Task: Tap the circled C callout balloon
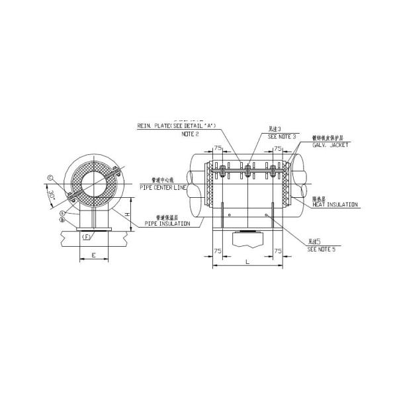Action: [x=50, y=177]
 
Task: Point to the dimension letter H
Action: [x=128, y=214]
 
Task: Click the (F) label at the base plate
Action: [x=87, y=236]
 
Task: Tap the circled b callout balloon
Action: [x=62, y=220]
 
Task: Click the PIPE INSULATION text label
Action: [x=167, y=224]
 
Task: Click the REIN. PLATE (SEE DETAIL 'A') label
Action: [x=176, y=124]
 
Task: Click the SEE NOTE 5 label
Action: [x=322, y=251]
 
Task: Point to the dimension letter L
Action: [x=247, y=263]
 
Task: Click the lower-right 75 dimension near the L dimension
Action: [x=278, y=251]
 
